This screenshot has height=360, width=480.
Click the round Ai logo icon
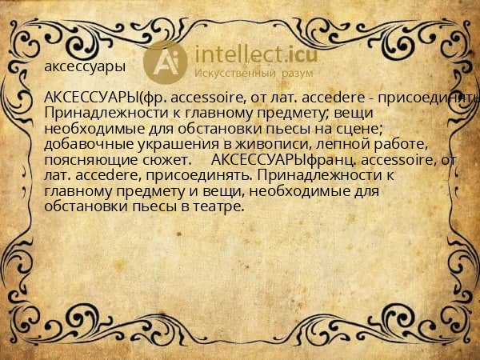pos(166,62)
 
